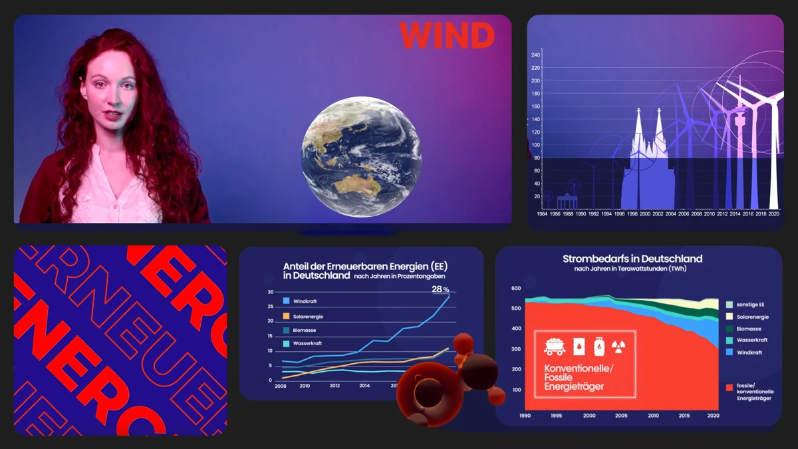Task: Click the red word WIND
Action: point(447,35)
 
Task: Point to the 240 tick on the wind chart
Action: point(536,55)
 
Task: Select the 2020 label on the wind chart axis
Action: point(773,214)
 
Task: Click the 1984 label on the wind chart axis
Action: point(543,214)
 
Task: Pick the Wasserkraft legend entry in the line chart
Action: point(307,344)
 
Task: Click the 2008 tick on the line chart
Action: point(281,386)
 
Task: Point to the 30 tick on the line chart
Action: point(270,292)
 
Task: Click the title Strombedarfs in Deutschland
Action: point(632,259)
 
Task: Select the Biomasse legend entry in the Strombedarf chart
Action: point(748,329)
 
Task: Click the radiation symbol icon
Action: point(619,347)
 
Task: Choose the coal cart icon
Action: point(554,347)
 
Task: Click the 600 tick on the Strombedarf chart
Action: point(516,289)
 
